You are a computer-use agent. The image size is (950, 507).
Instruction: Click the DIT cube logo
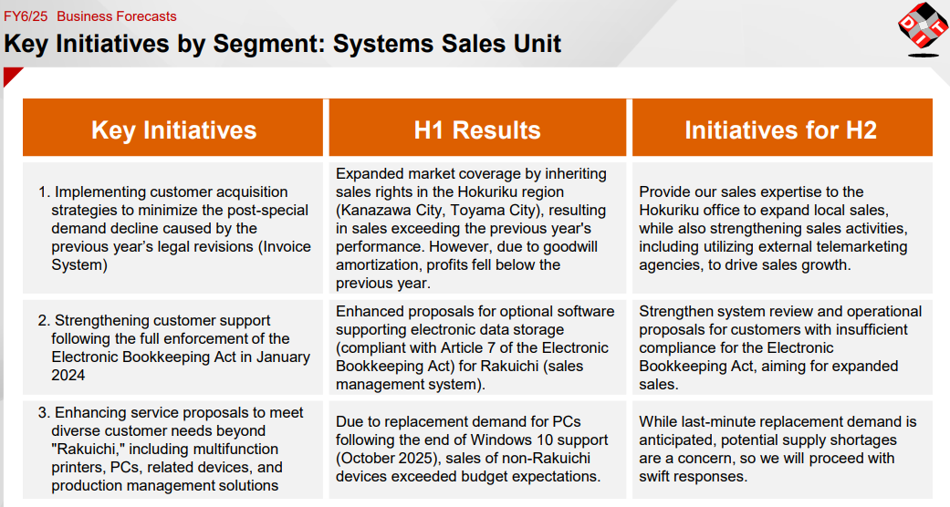(923, 29)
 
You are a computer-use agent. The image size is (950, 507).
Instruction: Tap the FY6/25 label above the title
(26, 16)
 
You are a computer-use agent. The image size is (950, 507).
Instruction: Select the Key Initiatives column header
(173, 129)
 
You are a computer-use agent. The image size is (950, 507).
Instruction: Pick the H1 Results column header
(477, 129)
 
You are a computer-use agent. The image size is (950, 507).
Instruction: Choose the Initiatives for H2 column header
(781, 129)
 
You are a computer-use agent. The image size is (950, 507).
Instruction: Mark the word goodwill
(570, 246)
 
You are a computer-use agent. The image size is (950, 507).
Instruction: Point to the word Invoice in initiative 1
(286, 246)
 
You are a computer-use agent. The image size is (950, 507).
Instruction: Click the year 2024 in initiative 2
(68, 375)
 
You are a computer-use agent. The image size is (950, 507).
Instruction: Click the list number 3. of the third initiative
(44, 412)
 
